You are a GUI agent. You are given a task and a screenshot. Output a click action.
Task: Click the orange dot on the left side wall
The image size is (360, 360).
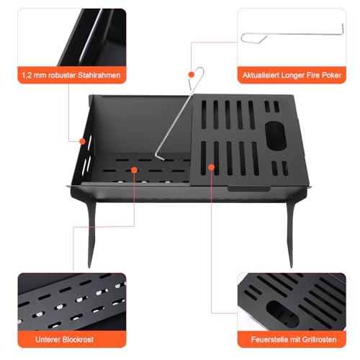pos(84,141)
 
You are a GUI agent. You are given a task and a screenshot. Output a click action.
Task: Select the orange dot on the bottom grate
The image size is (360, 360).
pos(135,170)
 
